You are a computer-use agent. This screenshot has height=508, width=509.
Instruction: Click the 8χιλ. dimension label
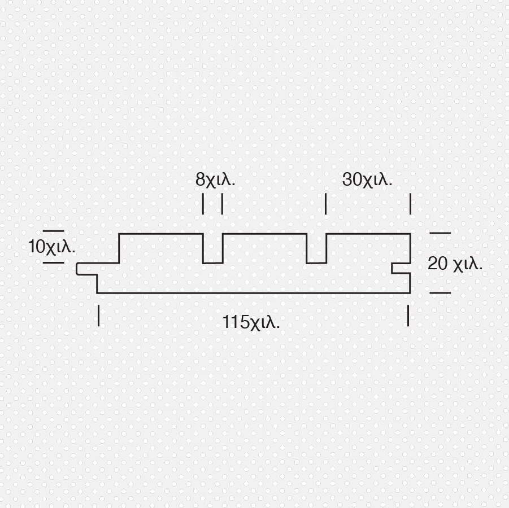(215, 179)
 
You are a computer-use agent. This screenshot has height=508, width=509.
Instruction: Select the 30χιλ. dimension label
(367, 179)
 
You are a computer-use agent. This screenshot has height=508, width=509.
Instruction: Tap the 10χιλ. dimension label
(52, 247)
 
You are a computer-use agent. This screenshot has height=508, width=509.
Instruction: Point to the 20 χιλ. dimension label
(455, 264)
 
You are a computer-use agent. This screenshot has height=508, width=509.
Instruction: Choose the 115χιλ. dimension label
(251, 322)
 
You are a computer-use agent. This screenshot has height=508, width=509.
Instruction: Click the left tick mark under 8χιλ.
(203, 204)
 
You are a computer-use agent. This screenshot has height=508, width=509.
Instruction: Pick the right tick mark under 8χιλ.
(223, 204)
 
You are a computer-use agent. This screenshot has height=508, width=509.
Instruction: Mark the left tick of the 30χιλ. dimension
(325, 204)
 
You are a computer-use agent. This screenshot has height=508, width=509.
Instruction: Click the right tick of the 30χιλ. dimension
(410, 204)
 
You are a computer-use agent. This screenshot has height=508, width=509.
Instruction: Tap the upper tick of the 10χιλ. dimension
(54, 231)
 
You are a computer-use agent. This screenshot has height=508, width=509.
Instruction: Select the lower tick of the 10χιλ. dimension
(54, 262)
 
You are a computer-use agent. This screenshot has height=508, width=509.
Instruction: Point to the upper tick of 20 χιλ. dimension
(440, 233)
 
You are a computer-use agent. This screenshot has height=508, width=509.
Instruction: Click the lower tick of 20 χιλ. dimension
(440, 292)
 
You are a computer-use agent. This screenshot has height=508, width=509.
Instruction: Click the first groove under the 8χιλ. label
(213, 248)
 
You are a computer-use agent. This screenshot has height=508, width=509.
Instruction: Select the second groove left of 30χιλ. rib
(316, 248)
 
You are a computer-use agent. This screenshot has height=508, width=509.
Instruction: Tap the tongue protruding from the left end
(87, 269)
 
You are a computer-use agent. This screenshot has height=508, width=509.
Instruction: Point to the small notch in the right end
(401, 268)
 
